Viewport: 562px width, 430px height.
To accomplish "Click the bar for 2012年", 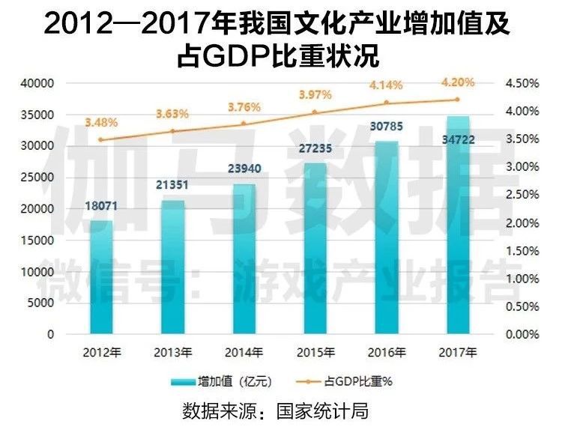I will [x=102, y=277].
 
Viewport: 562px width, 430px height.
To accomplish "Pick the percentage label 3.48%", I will [x=102, y=121].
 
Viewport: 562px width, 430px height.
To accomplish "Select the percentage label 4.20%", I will [x=457, y=82].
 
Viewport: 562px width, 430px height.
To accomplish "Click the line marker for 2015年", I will [x=315, y=112].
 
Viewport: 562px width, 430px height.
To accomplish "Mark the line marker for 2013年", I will [x=173, y=131].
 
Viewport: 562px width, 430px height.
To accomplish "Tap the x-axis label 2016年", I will [x=387, y=351].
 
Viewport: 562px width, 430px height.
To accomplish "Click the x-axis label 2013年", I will [x=173, y=351].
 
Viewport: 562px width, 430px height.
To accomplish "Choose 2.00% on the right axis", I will [x=522, y=223].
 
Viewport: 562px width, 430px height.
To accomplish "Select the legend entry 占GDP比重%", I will [x=358, y=381].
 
